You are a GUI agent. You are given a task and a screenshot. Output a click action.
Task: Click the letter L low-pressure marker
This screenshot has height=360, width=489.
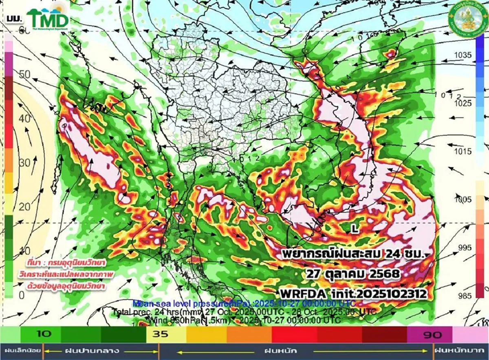click(355, 229)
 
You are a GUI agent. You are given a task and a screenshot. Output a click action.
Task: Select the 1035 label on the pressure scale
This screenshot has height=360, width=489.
click(463, 55)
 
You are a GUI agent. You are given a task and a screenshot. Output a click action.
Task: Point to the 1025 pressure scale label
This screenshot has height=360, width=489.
click(463, 104)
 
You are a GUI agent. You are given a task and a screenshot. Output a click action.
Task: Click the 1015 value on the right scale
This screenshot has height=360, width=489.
click(463, 152)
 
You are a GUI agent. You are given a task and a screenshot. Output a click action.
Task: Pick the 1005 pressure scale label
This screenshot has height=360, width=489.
click(463, 199)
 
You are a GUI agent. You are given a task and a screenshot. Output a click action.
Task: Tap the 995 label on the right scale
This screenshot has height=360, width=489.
click(463, 247)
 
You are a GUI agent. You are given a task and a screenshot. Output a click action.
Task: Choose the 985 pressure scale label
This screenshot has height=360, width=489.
click(463, 296)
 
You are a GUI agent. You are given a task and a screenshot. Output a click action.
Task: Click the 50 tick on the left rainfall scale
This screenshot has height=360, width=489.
click(25, 75)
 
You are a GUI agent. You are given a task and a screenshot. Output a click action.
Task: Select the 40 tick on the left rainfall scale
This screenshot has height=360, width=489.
click(25, 119)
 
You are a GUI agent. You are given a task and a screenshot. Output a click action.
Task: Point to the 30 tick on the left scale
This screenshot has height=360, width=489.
click(25, 163)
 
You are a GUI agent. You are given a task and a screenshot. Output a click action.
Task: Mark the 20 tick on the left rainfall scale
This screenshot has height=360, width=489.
click(25, 207)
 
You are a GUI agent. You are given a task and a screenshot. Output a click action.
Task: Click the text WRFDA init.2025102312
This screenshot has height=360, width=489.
click(353, 293)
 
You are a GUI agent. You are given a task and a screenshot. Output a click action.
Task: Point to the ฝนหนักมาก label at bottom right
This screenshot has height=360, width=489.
click(460, 350)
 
